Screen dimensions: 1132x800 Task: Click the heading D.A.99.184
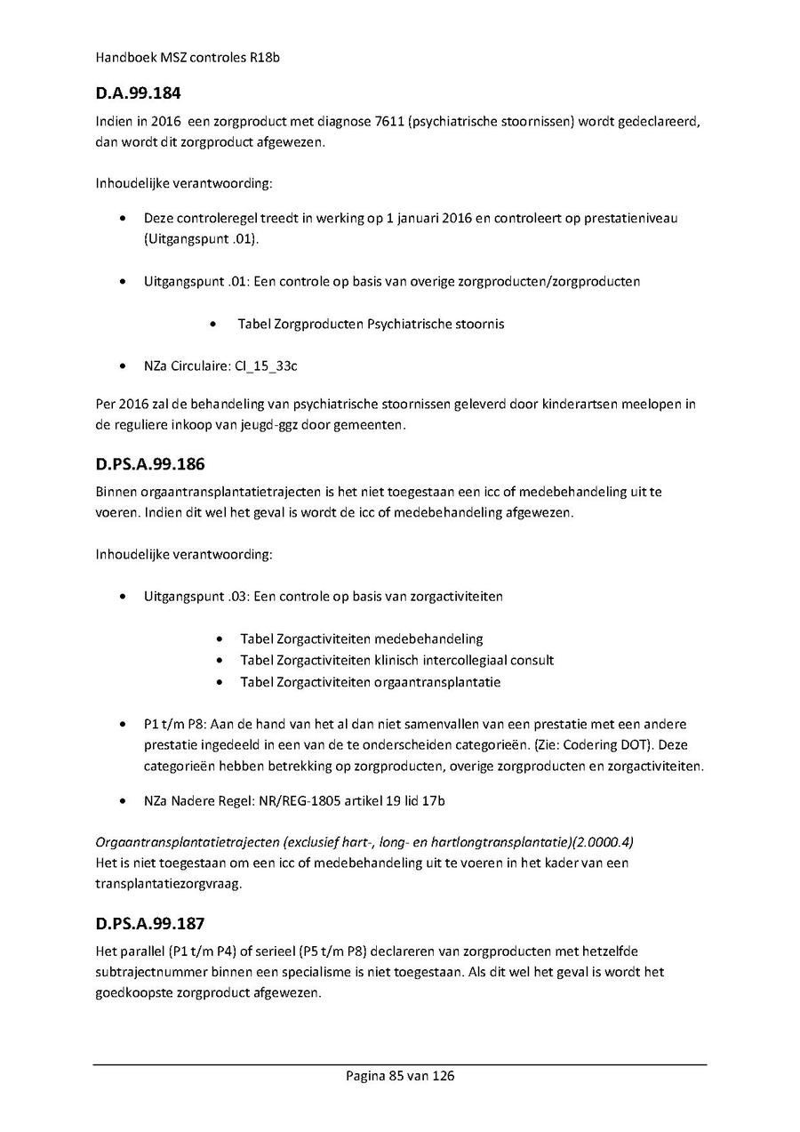pos(139,92)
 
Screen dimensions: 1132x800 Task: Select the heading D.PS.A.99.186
pos(152,463)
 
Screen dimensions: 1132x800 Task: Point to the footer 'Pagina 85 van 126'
pos(400,1076)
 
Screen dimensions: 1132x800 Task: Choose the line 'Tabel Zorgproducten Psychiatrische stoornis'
pos(371,324)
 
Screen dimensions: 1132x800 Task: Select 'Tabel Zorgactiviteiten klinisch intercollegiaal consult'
pos(396,660)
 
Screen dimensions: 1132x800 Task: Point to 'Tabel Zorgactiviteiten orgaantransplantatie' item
pos(370,682)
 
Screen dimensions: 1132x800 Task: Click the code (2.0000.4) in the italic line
pos(603,841)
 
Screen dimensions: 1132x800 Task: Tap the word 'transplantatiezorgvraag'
pos(166,885)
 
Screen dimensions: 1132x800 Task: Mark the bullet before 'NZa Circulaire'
pos(123,365)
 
